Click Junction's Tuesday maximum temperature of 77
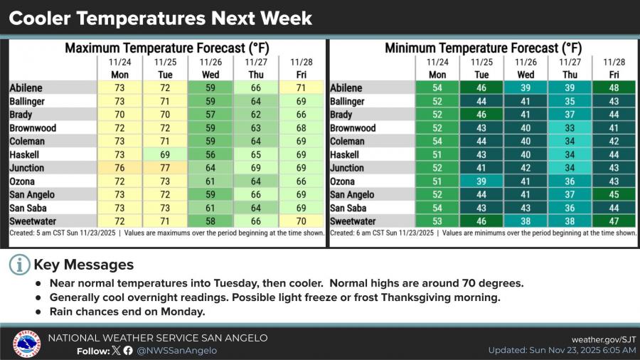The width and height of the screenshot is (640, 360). pyautogui.click(x=165, y=168)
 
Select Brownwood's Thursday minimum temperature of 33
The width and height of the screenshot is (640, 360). pyautogui.click(x=570, y=128)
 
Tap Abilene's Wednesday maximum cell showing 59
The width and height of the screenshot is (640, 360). pyautogui.click(x=210, y=88)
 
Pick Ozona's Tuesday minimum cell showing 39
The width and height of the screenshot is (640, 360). pyautogui.click(x=481, y=181)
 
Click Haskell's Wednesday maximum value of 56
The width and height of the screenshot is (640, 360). pyautogui.click(x=210, y=154)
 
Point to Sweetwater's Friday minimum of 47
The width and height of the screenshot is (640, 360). pyautogui.click(x=614, y=221)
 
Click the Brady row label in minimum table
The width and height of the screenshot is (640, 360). pyautogui.click(x=341, y=115)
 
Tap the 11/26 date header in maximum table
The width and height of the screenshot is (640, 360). pyautogui.click(x=210, y=62)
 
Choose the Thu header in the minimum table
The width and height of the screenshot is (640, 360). pyautogui.click(x=570, y=75)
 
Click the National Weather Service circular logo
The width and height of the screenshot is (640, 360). pyautogui.click(x=26, y=343)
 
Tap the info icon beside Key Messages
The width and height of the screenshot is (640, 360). pyautogui.click(x=20, y=265)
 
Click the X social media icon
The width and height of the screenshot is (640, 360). pyautogui.click(x=117, y=350)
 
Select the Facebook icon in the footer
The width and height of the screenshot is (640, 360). pyautogui.click(x=128, y=350)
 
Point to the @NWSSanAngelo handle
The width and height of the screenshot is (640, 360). pyautogui.click(x=177, y=351)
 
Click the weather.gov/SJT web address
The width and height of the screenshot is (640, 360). pyautogui.click(x=604, y=339)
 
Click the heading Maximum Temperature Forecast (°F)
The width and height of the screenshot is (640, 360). pyautogui.click(x=167, y=48)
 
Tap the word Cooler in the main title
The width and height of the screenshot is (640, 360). pyautogui.click(x=40, y=18)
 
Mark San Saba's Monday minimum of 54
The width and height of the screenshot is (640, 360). pyautogui.click(x=437, y=208)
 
